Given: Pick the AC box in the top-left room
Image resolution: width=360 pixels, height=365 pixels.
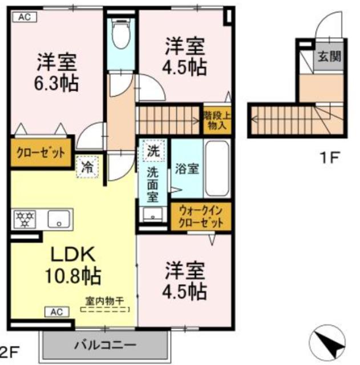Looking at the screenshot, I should coord(24,17).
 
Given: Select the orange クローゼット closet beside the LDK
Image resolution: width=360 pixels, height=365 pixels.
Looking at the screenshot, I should coord(39,152).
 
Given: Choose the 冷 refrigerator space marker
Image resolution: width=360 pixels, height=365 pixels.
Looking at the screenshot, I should coord(87,167).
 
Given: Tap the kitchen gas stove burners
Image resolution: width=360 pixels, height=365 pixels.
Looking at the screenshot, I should coord(25,219).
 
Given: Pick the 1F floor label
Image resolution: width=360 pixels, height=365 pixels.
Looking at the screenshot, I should coord(329,157).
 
